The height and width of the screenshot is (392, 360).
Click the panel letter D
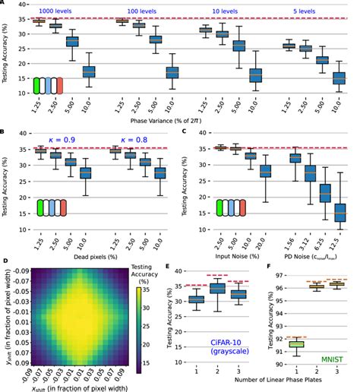5,261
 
